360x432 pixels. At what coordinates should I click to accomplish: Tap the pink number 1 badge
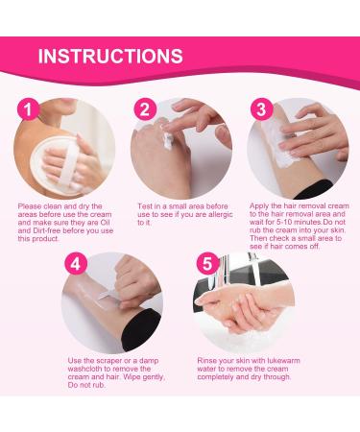coord(32,110)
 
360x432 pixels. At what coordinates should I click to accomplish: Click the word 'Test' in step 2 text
coord(146,204)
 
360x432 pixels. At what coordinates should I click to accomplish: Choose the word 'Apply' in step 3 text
coord(264,204)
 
